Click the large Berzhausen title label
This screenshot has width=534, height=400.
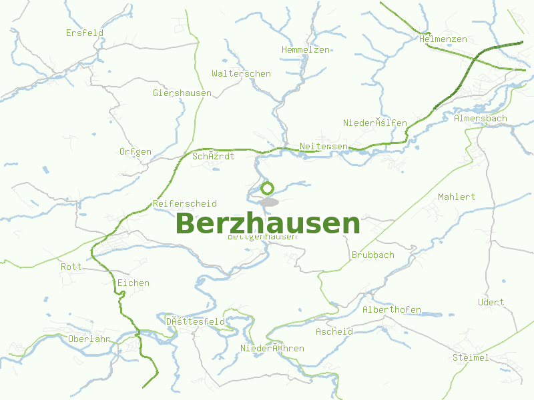point(268,224)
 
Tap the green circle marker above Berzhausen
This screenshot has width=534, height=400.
point(268,188)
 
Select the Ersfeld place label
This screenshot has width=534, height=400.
point(85,33)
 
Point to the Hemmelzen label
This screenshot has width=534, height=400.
point(306,50)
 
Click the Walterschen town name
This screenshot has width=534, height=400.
point(241,73)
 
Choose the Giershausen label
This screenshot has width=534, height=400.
point(182,93)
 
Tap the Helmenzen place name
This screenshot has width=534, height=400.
point(443,39)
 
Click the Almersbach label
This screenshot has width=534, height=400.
point(481,118)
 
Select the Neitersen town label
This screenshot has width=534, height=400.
point(324,146)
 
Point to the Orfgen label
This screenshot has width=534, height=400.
point(136,151)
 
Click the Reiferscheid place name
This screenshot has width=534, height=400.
point(185,203)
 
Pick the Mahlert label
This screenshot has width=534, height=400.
point(457,197)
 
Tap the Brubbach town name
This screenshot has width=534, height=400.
point(373,255)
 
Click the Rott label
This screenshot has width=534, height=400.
point(71,267)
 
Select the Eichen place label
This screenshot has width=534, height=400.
point(133,283)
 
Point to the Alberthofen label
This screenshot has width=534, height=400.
point(392,309)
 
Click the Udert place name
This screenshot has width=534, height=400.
point(491,302)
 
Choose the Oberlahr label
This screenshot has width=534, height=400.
point(89,339)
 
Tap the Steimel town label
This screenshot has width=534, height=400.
point(471,357)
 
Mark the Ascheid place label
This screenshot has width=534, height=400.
point(334,331)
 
